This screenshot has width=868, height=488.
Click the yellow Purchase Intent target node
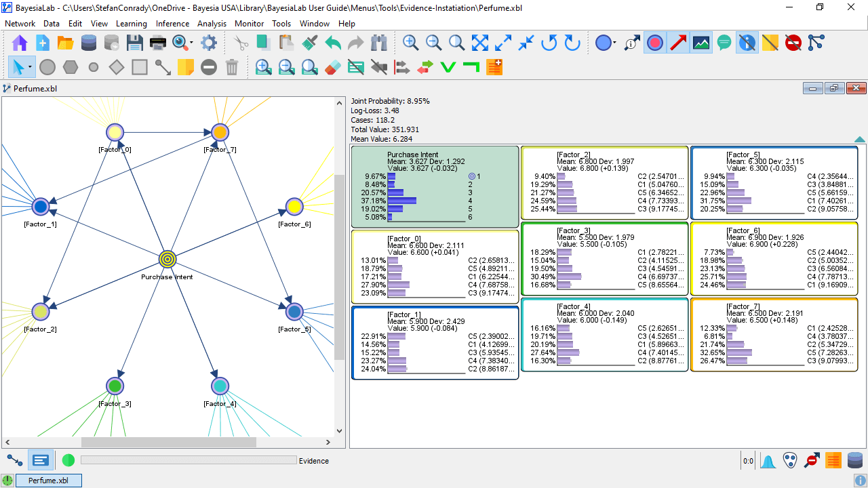tap(167, 259)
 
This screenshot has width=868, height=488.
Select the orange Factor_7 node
tap(220, 132)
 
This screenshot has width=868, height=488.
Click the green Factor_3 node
tap(115, 386)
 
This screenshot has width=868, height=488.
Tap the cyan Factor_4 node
tap(220, 386)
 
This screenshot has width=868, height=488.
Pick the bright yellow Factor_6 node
tap(294, 207)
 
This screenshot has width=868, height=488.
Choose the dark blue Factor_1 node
tap(40, 207)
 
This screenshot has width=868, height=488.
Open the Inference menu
tap(172, 24)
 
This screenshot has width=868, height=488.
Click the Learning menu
tap(132, 24)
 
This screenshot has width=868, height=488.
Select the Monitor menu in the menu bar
tap(249, 24)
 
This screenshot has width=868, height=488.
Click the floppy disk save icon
tap(134, 43)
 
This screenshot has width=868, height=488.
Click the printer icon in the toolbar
tap(158, 43)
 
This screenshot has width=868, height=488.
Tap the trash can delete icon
tap(232, 67)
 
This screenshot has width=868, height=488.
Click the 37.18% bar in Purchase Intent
tap(402, 201)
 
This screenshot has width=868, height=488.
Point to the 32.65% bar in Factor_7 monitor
tap(739, 352)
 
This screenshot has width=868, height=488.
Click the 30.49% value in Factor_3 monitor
tap(542, 277)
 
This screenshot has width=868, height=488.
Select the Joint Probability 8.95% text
tap(390, 101)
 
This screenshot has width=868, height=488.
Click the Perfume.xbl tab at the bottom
tap(48, 481)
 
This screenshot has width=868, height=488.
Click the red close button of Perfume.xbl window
tap(856, 88)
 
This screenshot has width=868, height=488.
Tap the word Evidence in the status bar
tap(314, 461)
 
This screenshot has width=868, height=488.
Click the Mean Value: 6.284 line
tap(381, 139)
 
